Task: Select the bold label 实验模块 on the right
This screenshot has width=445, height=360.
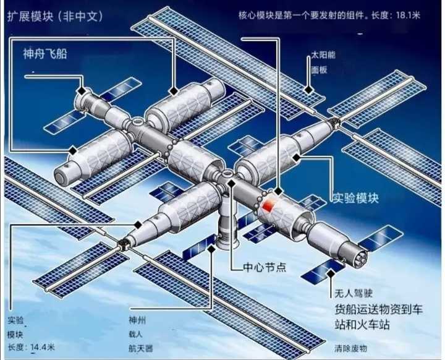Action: click(356, 198)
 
